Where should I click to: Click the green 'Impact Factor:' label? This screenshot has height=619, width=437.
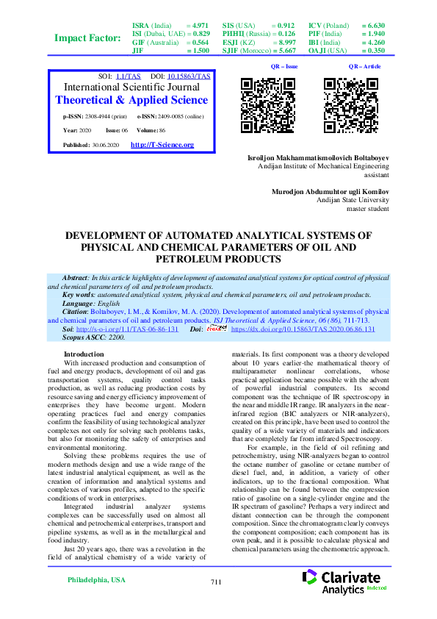(87, 38)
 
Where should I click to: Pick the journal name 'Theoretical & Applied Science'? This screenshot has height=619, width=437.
(131, 100)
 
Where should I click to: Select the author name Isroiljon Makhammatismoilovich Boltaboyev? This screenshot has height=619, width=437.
(319, 159)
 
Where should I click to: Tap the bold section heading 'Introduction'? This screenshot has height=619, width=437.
(84, 354)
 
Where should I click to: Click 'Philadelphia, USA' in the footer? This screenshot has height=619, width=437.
(96, 580)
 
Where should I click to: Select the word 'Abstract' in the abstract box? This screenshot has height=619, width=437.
(76, 277)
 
